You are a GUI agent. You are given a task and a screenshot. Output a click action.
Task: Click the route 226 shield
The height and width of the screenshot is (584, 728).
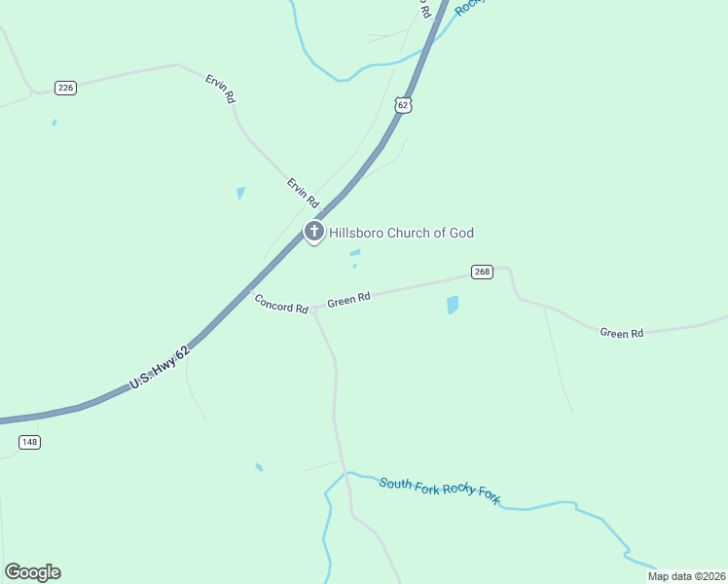(x=65, y=88)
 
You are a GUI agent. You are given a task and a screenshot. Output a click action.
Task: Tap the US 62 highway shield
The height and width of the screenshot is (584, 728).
(x=404, y=104)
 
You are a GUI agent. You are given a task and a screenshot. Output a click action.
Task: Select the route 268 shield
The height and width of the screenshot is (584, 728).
(x=482, y=272)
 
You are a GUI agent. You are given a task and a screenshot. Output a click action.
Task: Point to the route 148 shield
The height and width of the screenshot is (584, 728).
(x=29, y=442)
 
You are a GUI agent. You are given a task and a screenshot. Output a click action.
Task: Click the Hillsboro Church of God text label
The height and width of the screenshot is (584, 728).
(x=401, y=233)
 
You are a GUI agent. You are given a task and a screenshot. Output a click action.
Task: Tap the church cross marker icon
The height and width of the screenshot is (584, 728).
(x=313, y=232)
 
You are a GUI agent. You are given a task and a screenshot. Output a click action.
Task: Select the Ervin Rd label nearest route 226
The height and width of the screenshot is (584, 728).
(x=221, y=90)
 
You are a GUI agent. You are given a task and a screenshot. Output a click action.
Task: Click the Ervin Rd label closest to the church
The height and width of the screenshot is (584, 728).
(x=303, y=192)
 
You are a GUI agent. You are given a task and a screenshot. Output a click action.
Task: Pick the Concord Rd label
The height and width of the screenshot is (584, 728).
(x=281, y=303)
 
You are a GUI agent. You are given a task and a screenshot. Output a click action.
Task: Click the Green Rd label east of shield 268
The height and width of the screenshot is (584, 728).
(x=622, y=333)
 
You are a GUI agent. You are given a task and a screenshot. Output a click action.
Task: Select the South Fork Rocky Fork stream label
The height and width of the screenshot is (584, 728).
(x=440, y=490)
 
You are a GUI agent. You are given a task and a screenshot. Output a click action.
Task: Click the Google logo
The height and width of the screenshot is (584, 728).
(x=32, y=572)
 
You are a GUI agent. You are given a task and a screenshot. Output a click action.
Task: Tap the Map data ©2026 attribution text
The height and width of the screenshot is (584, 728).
(x=687, y=576)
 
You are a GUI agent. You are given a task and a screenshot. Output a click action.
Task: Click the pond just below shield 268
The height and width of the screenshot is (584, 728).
(x=452, y=305)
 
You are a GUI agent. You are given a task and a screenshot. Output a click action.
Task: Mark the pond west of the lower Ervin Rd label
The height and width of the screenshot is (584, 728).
(x=240, y=193)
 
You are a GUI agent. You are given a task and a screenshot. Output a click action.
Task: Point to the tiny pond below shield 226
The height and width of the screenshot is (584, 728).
(x=54, y=123)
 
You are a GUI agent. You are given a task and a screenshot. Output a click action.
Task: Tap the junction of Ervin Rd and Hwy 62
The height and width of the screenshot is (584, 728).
(x=322, y=211)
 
